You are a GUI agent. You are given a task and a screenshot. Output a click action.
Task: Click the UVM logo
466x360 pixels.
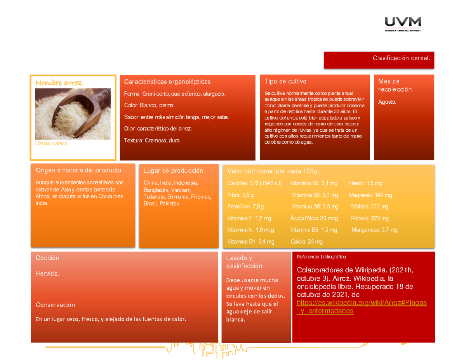coord(403,24)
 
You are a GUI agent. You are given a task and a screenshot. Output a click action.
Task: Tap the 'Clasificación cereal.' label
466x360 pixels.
coord(401,58)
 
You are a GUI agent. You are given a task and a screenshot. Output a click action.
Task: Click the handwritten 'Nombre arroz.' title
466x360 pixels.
coord(59,83)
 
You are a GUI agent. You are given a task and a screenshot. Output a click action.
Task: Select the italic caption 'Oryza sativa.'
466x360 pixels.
coord(52,143)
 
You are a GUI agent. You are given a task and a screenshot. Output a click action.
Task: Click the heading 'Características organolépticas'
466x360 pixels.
coord(167,82)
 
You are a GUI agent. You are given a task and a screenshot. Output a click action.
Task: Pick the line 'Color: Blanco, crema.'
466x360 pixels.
coord(149,105)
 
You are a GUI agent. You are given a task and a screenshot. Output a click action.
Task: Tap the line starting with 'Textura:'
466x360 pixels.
coord(152,141)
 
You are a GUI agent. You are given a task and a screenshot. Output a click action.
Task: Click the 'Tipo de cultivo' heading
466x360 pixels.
coord(285,81)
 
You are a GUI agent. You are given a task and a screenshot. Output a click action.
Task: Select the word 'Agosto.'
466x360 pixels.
coord(387,102)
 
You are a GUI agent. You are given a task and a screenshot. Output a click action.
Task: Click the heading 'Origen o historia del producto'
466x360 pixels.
coord(78,170)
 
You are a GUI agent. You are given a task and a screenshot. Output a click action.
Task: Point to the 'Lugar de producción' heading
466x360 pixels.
coord(173,170)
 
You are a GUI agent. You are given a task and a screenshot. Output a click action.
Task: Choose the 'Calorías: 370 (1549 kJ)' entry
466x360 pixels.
coord(254,183)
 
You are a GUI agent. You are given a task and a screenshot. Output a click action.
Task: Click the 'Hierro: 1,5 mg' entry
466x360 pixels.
coord(365,183)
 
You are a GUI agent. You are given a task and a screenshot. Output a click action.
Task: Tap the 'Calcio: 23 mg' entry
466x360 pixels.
coord(306,242)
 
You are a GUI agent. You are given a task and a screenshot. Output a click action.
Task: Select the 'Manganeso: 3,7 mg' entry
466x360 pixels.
coord(374,230)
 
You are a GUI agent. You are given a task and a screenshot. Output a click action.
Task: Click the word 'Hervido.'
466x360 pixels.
coord(47,273)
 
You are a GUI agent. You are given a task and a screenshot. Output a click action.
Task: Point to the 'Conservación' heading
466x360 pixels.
coord(55,305)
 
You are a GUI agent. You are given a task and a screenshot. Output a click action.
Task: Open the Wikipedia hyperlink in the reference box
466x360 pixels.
coord(362,307)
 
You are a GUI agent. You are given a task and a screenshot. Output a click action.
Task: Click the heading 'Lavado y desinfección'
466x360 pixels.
coord(244,262)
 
